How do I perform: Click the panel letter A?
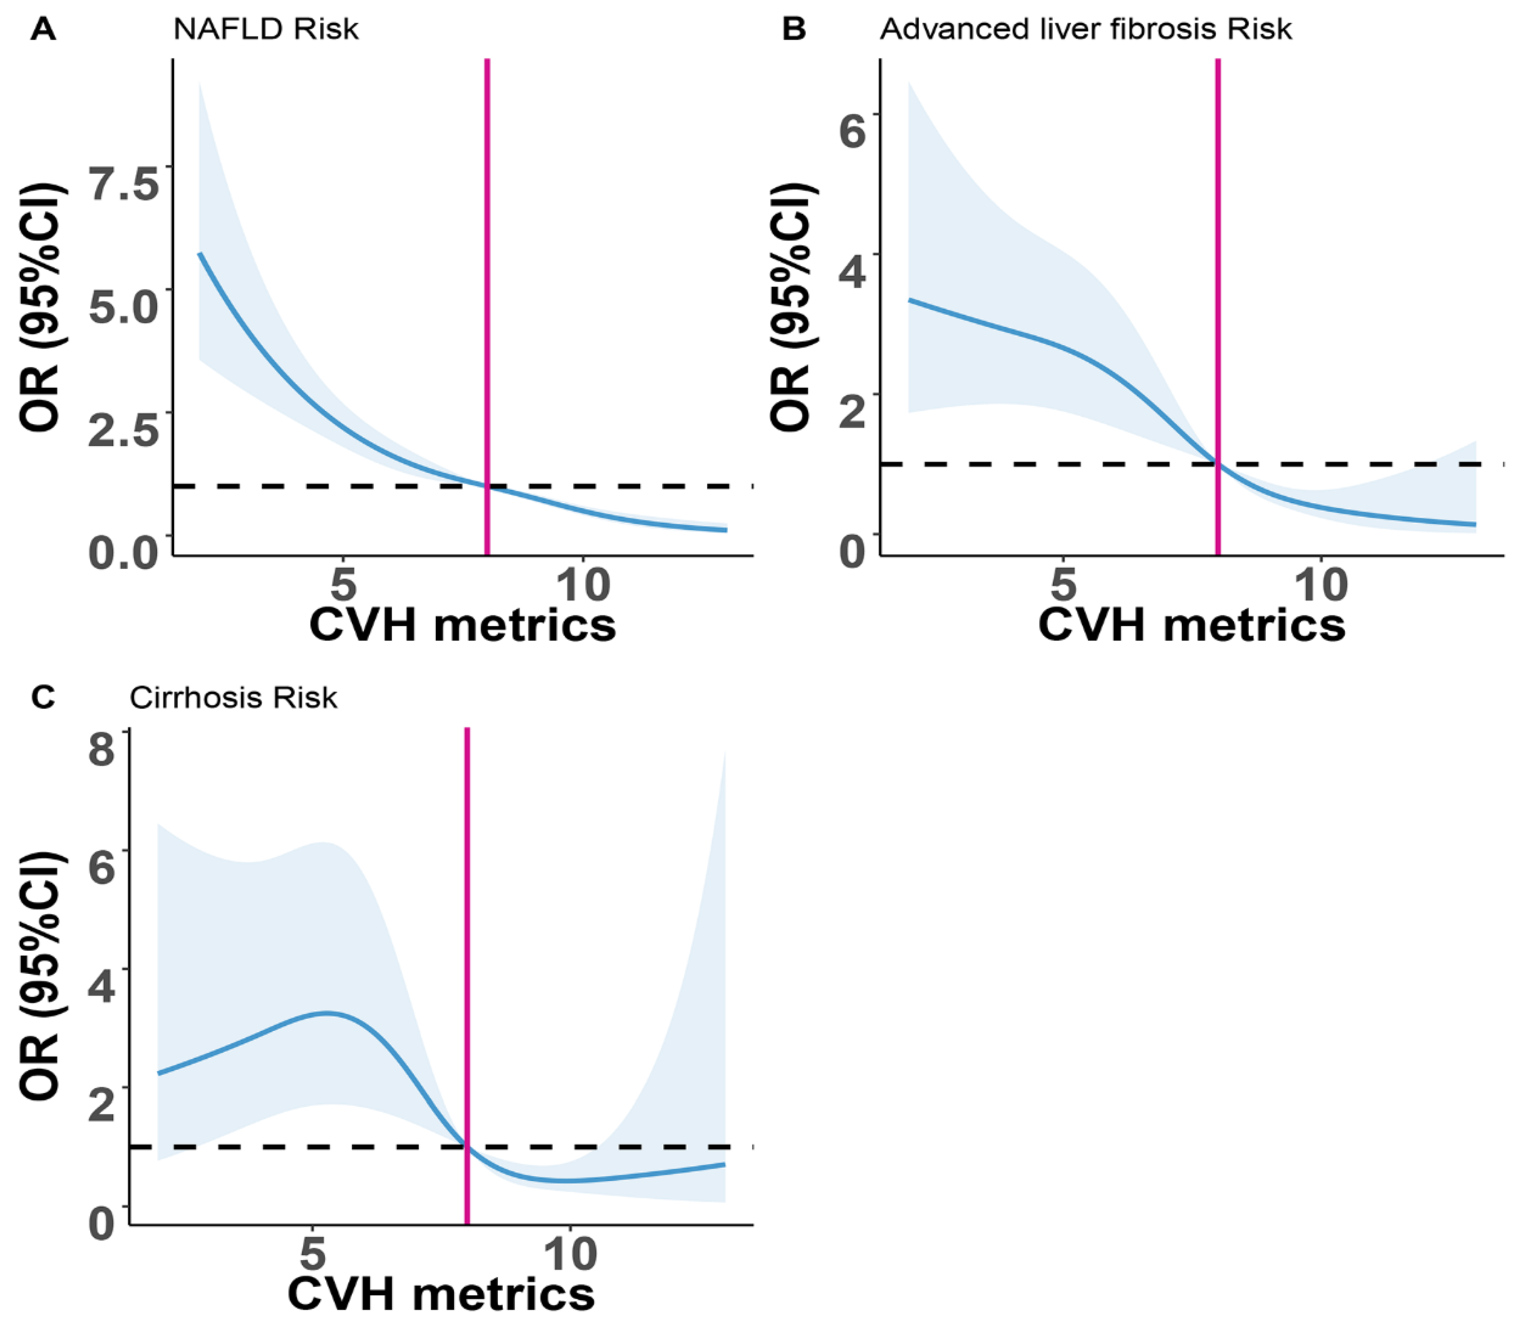43,30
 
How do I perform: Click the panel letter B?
794,30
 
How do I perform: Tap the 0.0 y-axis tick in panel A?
124,551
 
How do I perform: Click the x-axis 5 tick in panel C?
313,1253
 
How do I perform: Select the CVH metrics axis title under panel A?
462,625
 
